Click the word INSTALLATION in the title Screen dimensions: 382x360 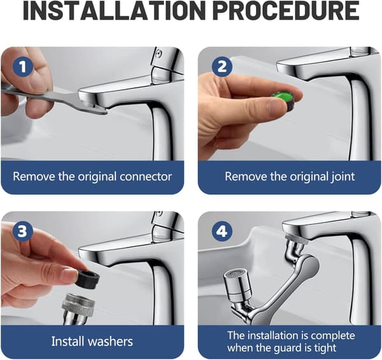[112, 11]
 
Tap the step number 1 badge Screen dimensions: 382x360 [23, 66]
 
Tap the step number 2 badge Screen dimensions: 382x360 [222, 66]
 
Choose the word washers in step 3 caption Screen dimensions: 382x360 [110, 342]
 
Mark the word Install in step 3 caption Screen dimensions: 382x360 [67, 342]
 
